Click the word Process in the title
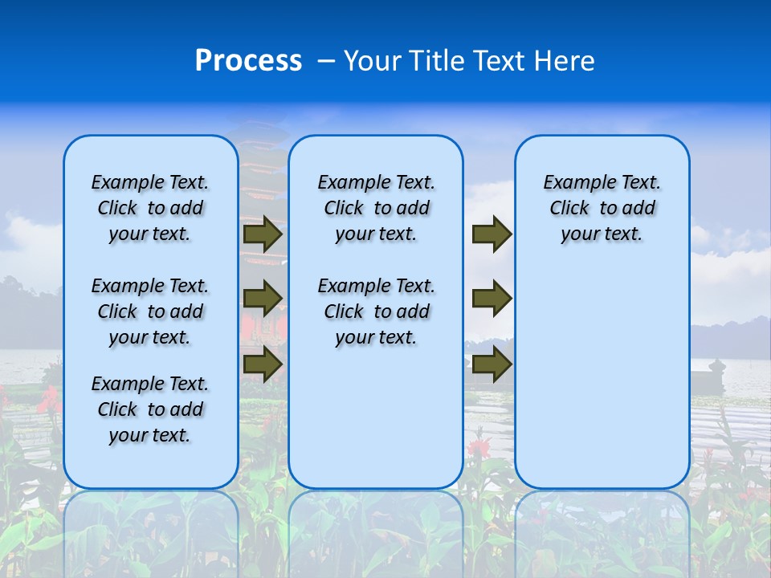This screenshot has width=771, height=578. click(x=248, y=61)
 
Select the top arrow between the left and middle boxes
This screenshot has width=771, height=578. click(x=263, y=234)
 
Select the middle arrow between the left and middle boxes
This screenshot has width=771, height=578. click(x=263, y=299)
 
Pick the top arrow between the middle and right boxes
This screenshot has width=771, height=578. click(x=492, y=234)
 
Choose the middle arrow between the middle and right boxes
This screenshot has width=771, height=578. click(x=492, y=299)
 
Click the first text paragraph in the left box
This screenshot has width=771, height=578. click(x=150, y=208)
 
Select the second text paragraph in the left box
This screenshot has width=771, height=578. click(x=150, y=311)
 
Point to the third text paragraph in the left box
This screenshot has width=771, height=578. click(x=150, y=409)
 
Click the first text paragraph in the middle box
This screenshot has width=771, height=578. click(x=376, y=208)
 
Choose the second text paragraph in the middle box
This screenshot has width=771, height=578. click(x=376, y=311)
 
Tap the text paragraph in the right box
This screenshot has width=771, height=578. click(x=602, y=208)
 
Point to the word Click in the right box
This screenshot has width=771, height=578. click(x=569, y=209)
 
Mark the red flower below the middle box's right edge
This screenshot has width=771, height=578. click(x=479, y=446)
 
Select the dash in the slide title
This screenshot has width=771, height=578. click(x=325, y=61)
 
